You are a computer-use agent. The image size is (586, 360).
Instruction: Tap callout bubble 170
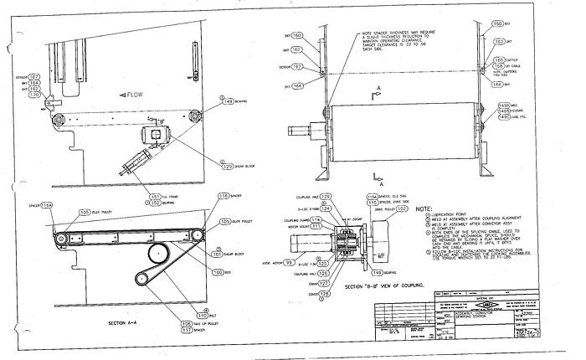36,95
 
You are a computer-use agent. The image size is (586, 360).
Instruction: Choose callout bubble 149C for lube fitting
503,117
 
